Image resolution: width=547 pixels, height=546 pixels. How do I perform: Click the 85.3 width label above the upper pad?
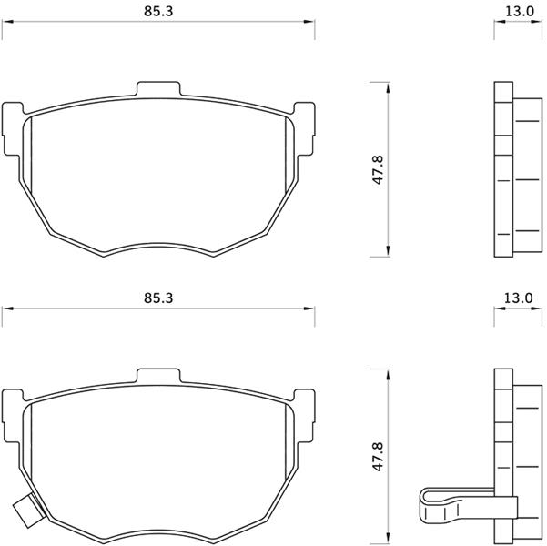coord(158,12)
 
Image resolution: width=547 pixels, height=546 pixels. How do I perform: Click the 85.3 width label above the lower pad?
coord(158,298)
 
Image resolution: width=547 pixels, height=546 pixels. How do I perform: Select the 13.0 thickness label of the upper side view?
coord(520,12)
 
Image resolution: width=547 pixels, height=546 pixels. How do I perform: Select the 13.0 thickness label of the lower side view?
coord(519,298)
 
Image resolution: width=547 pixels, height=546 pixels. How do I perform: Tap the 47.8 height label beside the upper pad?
coord(378,170)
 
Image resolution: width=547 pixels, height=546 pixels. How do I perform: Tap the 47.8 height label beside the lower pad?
coord(378,457)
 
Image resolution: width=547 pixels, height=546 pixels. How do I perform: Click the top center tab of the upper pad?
coord(158,89)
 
